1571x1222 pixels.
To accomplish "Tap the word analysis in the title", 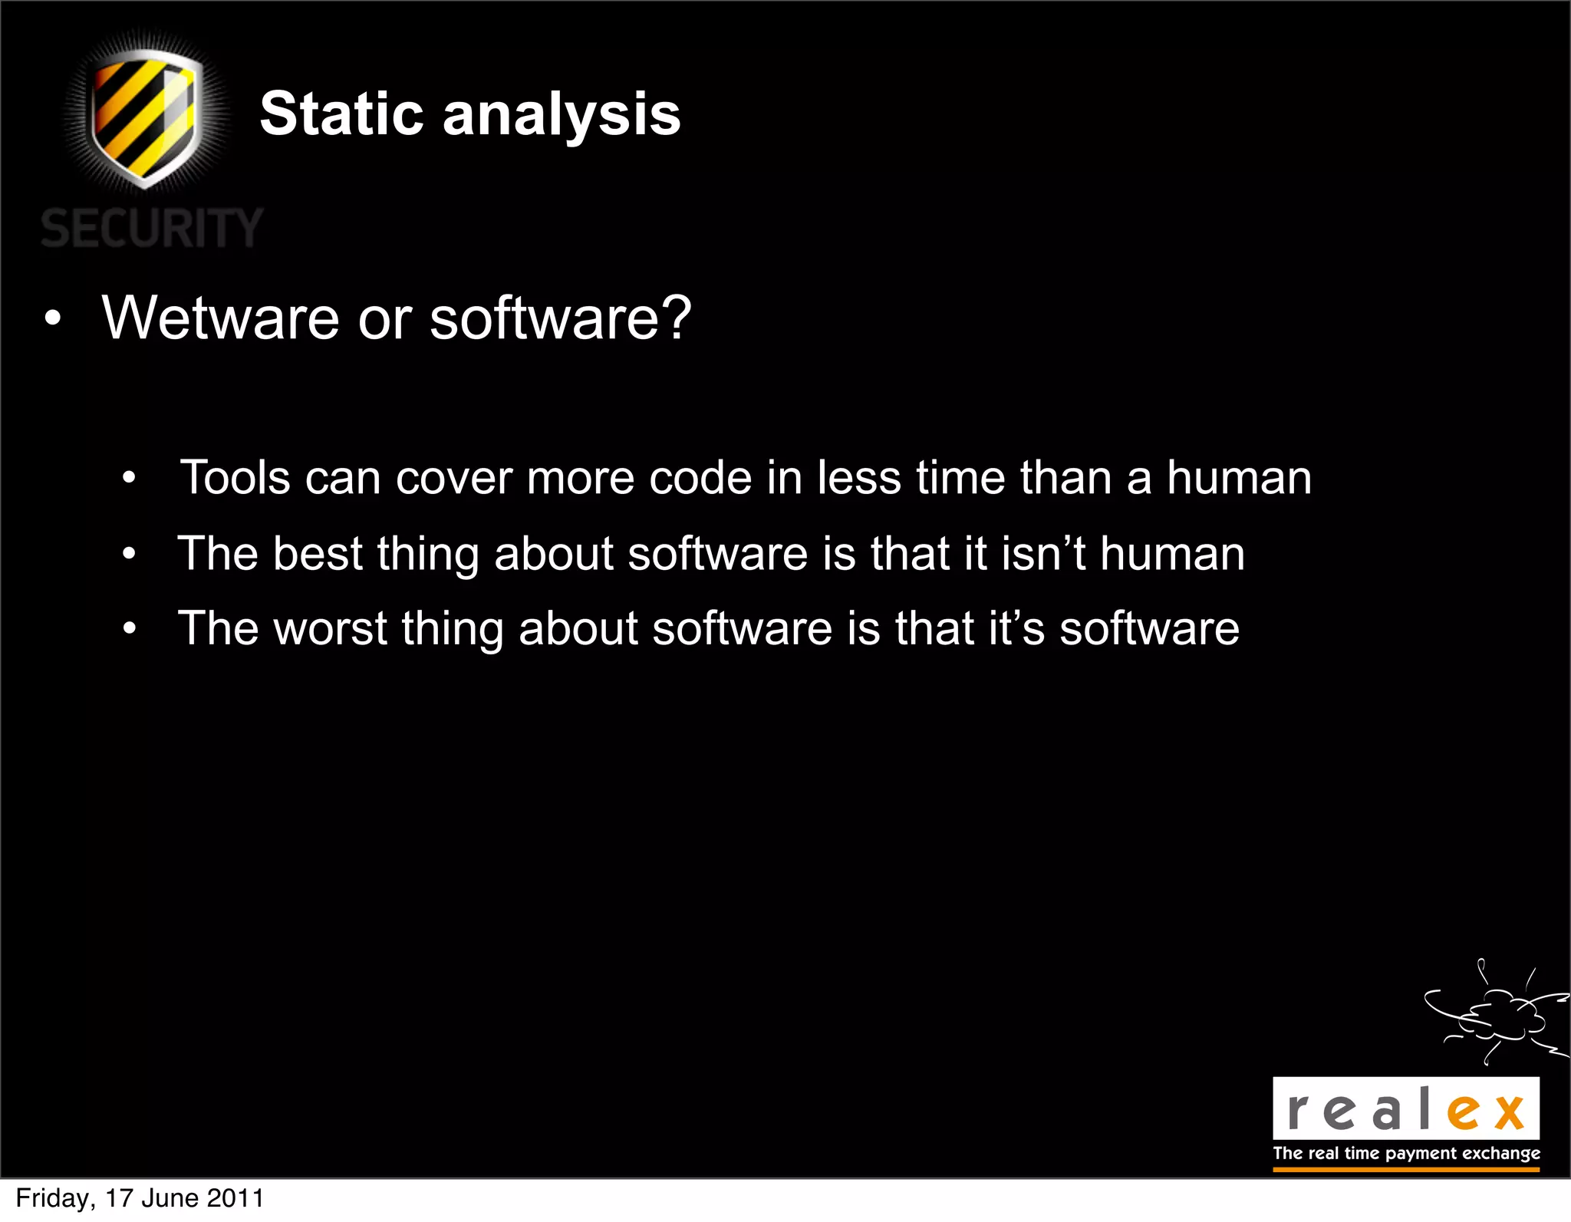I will [x=562, y=115].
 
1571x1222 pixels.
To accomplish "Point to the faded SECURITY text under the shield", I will [x=152, y=228].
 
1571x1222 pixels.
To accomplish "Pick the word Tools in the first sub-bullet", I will [x=235, y=478].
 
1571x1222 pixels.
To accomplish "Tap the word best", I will [x=318, y=553].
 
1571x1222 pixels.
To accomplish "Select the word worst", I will [x=330, y=628].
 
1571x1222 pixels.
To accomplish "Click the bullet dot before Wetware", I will [x=52, y=319].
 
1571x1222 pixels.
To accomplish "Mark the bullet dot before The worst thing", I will [x=129, y=630].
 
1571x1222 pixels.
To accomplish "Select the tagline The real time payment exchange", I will [x=1406, y=1153].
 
